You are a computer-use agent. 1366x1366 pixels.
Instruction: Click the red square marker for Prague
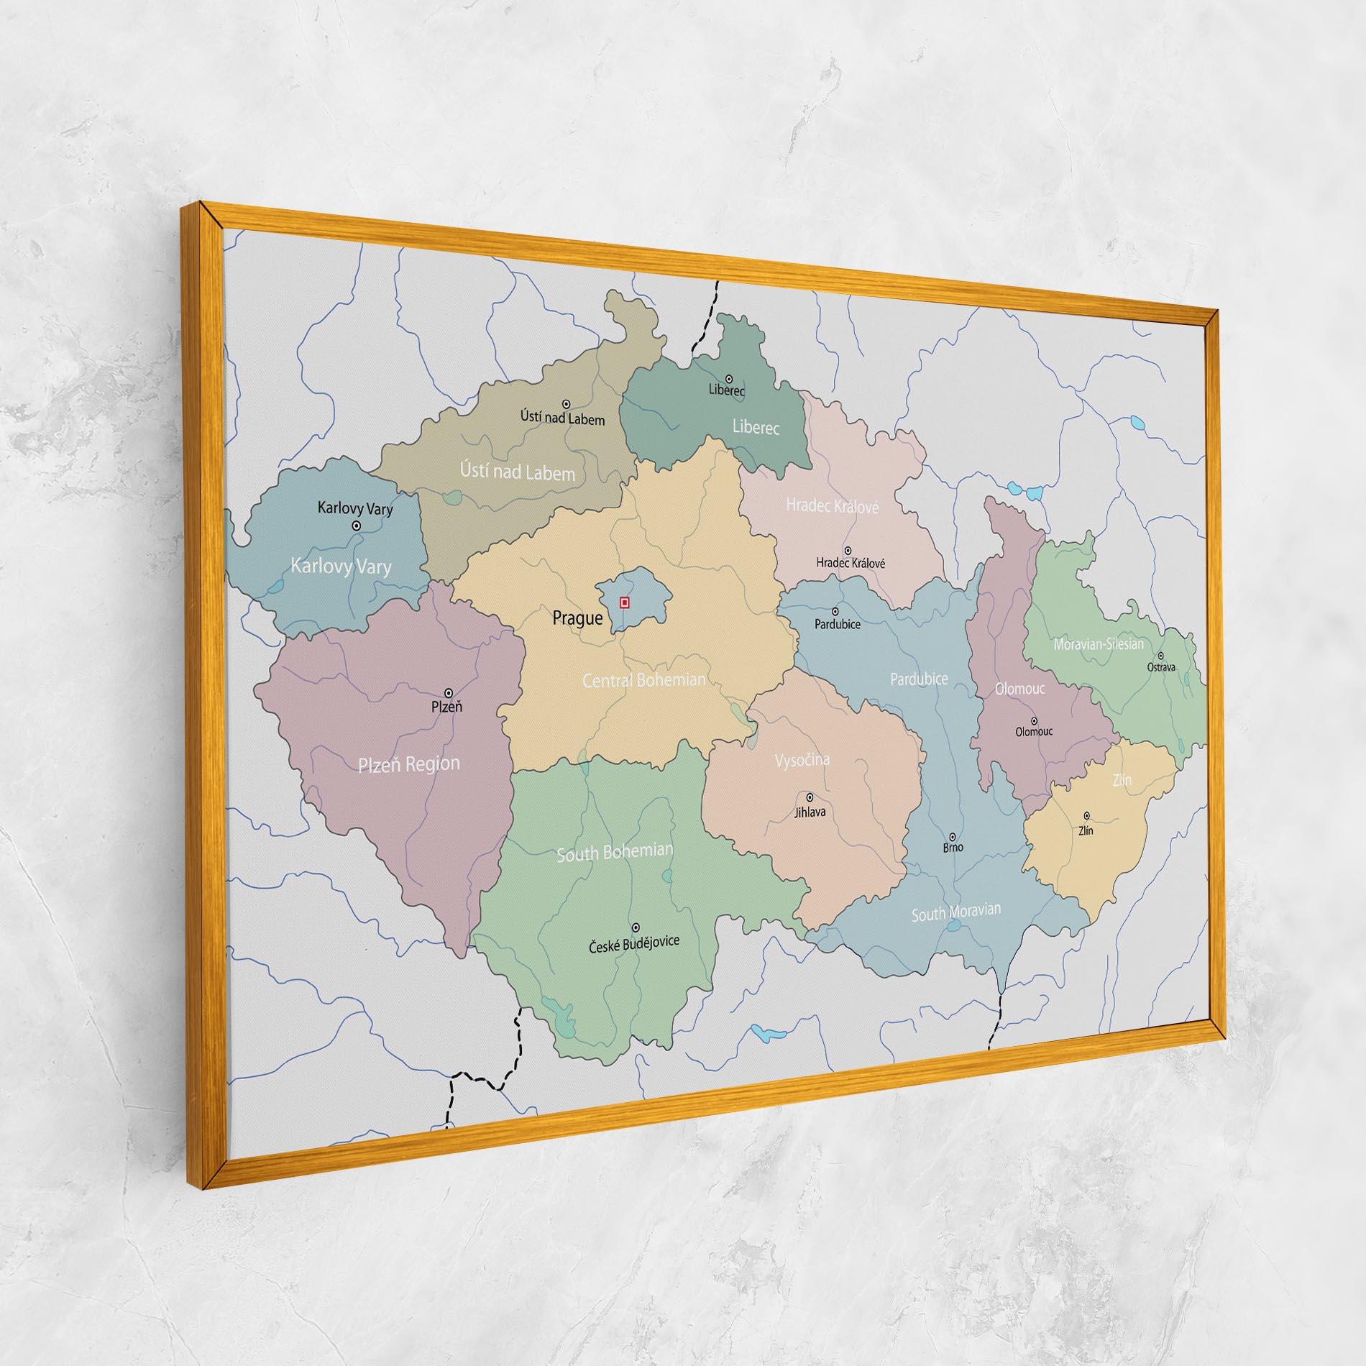pos(625,602)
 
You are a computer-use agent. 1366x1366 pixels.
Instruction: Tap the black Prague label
pos(577,618)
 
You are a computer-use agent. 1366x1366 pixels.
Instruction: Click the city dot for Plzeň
pos(449,693)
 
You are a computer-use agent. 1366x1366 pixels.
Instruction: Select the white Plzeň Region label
pos(409,764)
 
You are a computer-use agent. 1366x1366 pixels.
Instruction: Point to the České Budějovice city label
pos(633,942)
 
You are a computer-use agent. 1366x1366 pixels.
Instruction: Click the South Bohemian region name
pos(615,852)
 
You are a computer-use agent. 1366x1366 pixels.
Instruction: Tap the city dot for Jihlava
pos(810,797)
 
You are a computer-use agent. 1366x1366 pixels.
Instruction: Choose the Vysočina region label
pos(802,760)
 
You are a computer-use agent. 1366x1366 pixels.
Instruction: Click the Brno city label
pos(953,848)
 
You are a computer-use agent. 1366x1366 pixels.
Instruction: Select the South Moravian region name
pos(955,912)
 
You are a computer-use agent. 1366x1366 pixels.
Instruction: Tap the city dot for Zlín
pos(1086,816)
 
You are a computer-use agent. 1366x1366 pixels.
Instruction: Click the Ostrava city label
pos(1161,667)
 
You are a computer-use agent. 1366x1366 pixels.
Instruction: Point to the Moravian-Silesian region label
pos(1098,644)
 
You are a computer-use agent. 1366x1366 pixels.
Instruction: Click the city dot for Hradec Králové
pos(848,550)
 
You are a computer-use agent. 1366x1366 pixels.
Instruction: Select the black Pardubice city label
pos(837,624)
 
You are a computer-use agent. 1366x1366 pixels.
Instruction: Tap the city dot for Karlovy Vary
pos(356,526)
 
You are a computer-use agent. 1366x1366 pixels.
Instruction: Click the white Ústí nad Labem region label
pos(517,472)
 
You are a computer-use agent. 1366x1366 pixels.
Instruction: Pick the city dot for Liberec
pos(729,378)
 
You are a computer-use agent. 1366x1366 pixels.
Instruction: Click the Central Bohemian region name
pos(643,679)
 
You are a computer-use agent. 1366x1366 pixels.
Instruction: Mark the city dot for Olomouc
pos(1034,720)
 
